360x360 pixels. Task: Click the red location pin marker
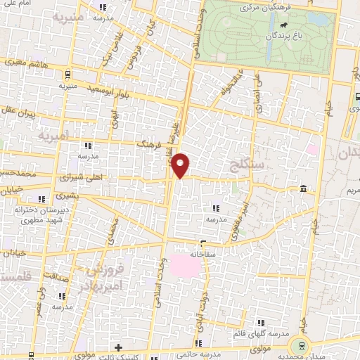181,165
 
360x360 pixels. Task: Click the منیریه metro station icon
67,75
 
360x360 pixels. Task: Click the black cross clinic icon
119,347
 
